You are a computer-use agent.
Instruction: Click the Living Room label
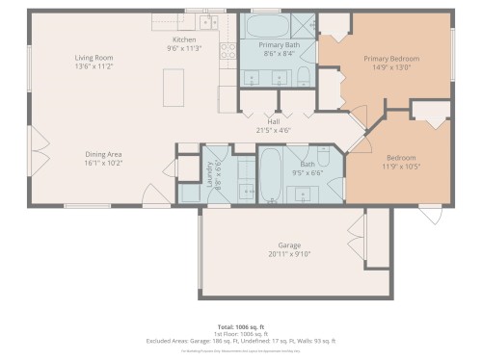(x=94, y=58)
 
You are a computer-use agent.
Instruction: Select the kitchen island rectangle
(x=175, y=89)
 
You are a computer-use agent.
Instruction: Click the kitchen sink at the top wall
(x=208, y=21)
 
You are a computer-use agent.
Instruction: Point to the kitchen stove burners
(x=228, y=55)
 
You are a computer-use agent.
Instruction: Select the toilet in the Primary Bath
(x=303, y=77)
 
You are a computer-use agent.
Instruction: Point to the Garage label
(x=289, y=245)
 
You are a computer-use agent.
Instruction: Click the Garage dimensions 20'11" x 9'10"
(x=289, y=254)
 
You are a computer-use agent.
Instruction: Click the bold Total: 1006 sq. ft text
(x=241, y=326)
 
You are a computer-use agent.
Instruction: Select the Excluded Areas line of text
(x=241, y=340)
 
